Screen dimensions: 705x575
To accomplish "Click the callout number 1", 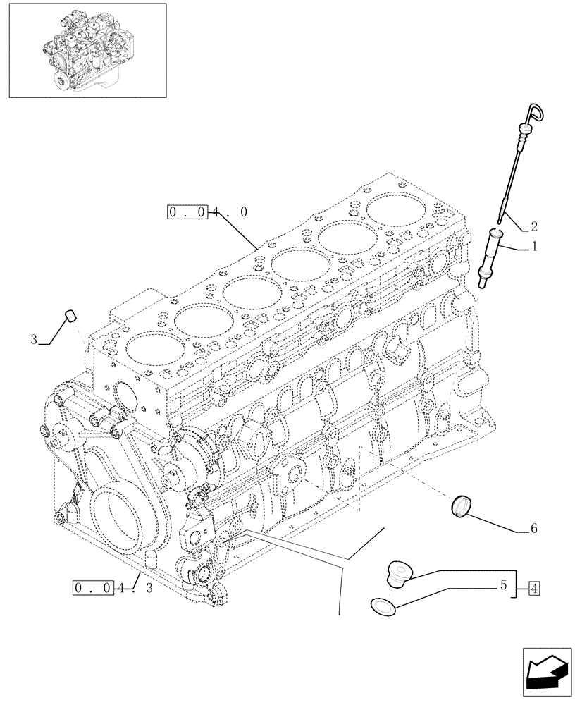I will tap(535, 247).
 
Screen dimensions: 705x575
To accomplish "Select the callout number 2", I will tap(534, 227).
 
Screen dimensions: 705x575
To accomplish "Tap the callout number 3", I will tap(34, 340).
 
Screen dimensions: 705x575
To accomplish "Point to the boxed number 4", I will tap(534, 586).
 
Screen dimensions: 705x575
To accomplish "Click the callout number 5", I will tap(503, 585).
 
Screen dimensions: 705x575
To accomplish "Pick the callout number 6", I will tap(533, 528).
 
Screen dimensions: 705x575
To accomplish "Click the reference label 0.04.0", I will tap(207, 211).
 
